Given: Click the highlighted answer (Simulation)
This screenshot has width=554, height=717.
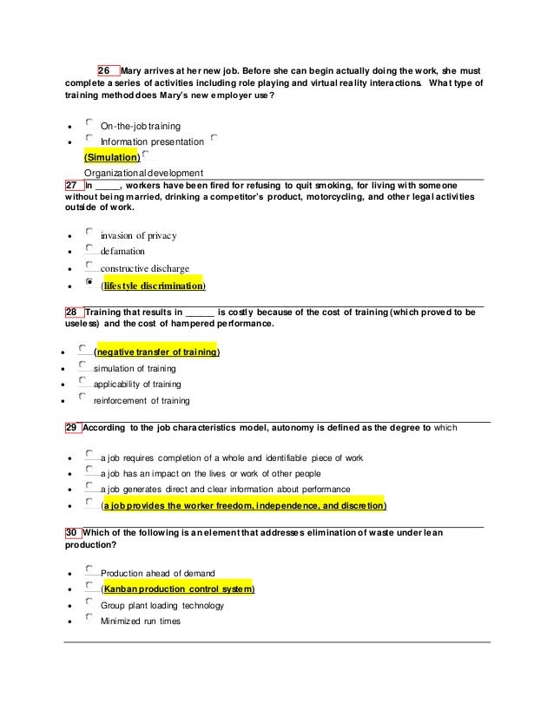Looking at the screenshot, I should point(111,157).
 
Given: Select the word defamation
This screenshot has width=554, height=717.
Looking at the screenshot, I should point(122,251).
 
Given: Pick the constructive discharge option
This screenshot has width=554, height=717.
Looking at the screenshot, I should point(144,268).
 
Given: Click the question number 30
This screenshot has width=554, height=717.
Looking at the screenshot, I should point(73,531).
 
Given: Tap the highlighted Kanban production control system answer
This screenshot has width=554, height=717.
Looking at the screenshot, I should point(177,589).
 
